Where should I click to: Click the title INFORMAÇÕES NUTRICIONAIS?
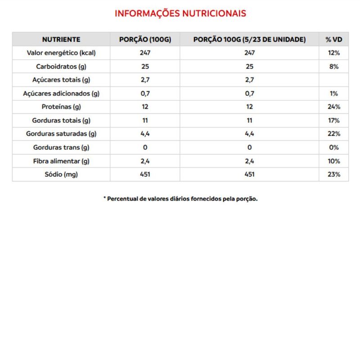click(180, 13)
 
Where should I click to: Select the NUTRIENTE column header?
click(61, 40)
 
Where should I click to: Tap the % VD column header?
click(334, 40)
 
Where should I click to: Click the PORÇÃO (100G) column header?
click(145, 40)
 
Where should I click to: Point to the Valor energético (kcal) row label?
click(61, 53)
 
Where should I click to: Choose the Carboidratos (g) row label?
click(61, 67)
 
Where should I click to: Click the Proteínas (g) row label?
click(61, 107)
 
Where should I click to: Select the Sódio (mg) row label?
click(61, 175)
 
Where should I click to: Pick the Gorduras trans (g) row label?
click(61, 148)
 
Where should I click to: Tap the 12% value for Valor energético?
click(334, 53)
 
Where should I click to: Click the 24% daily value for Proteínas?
click(334, 107)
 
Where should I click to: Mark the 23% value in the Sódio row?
click(334, 175)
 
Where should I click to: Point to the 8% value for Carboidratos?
click(334, 67)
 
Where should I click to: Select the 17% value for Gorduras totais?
click(334, 121)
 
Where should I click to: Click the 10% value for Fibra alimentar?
click(334, 161)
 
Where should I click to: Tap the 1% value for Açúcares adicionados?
click(334, 94)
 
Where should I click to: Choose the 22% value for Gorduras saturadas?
click(334, 134)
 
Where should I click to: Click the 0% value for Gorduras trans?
click(334, 148)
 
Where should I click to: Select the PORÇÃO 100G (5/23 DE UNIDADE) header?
click(249, 40)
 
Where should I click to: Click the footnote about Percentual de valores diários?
click(180, 199)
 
